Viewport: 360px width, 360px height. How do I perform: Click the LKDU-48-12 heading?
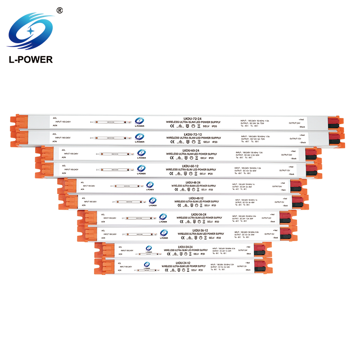tap(195, 198)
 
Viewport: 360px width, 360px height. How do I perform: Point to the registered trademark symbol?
tap(59, 10)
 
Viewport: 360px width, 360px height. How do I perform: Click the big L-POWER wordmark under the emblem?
tap(31, 59)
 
